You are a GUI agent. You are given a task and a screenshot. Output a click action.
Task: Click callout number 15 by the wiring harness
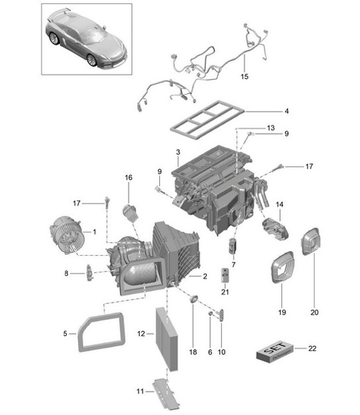[245, 77]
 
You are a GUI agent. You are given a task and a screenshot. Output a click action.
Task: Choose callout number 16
[129, 178]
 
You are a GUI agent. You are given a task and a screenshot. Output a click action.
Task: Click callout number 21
[225, 291]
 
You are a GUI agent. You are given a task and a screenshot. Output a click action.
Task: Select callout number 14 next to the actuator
[279, 205]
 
